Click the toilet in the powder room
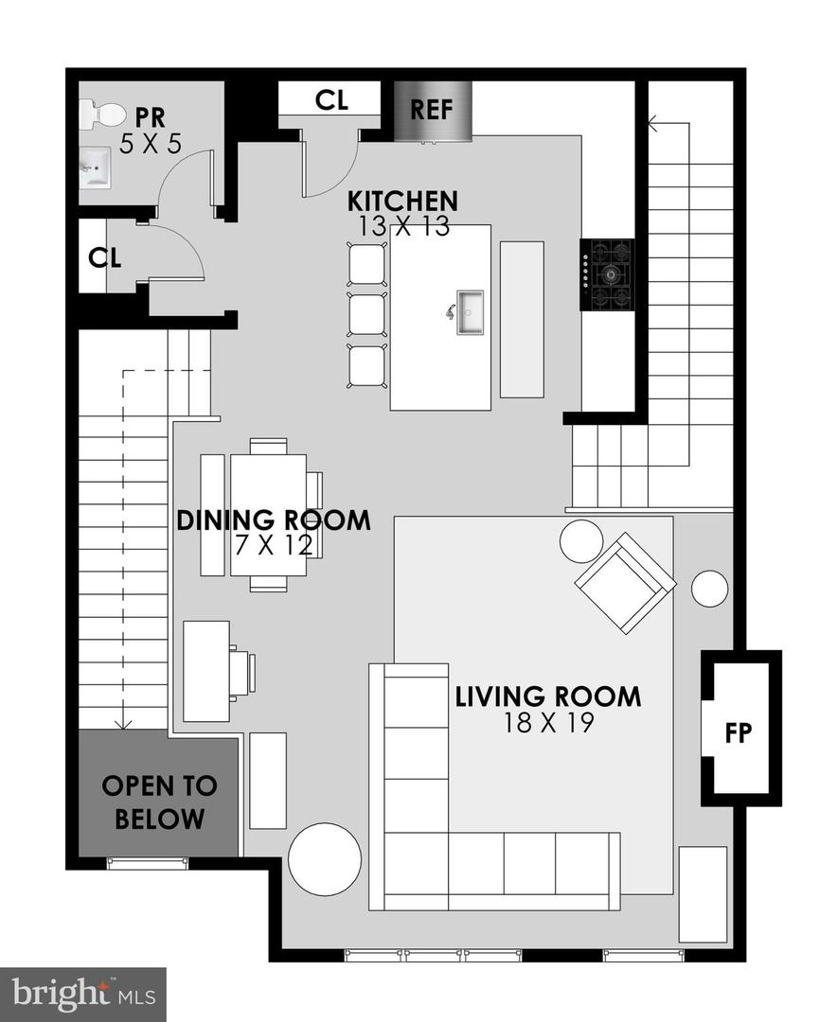[x=101, y=116]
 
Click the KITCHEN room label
[x=402, y=202]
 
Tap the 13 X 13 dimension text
[x=402, y=226]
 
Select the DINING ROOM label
[x=274, y=520]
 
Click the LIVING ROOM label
[x=547, y=697]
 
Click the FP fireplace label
[x=738, y=734]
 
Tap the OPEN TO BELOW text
[x=159, y=802]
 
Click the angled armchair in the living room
[x=625, y=582]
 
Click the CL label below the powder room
[x=105, y=257]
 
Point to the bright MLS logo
[x=82, y=995]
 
